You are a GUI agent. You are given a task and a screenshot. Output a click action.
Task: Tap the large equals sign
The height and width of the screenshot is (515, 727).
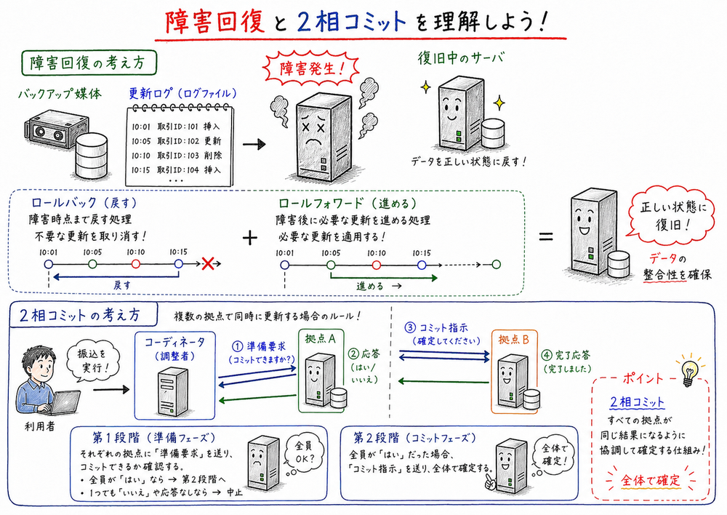pos(545,237)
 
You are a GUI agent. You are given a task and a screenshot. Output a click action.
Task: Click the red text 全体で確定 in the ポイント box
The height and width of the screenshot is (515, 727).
pos(651,481)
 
